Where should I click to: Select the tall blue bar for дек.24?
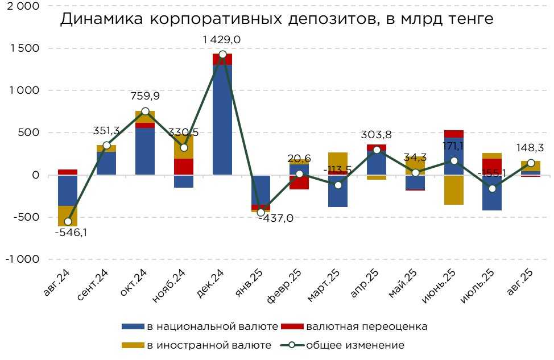222,119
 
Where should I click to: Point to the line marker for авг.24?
68,221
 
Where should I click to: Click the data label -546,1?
68,233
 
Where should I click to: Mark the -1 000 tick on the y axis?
22,259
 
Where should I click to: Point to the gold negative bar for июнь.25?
454,189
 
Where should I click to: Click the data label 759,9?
145,96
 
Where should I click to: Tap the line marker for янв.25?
261,213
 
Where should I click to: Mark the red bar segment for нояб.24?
184,166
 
